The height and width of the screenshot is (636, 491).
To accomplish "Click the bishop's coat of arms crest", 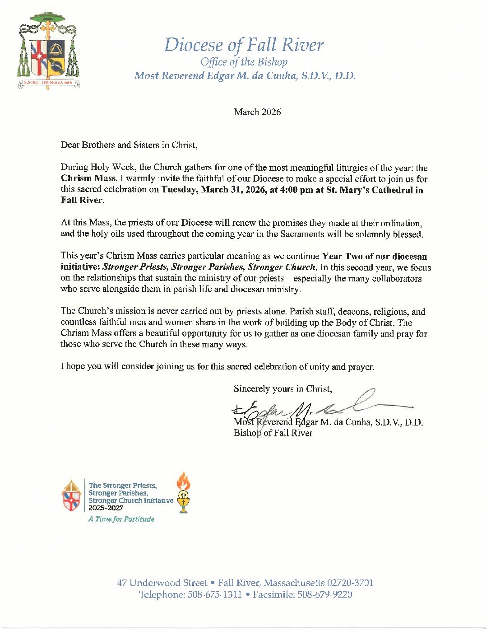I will point(48,51).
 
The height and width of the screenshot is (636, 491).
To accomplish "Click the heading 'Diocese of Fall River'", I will point(244,45).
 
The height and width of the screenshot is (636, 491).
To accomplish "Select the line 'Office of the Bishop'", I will point(244,62).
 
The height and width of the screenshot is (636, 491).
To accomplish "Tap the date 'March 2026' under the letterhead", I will point(257,112).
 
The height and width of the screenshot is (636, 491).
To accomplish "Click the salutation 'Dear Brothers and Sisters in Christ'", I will point(129,145).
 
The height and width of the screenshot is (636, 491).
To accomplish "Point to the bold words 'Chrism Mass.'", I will point(89,178).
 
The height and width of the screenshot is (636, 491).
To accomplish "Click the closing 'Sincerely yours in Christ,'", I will point(283,389).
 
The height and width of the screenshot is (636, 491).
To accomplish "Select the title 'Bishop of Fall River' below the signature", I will point(273,433).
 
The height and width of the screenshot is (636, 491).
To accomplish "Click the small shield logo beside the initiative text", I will point(71,496).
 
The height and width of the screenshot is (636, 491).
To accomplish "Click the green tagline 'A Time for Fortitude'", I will point(121,519).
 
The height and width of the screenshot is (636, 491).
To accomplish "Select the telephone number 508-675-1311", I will point(214,594).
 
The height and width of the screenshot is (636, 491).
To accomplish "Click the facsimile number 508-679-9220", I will point(324,594).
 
